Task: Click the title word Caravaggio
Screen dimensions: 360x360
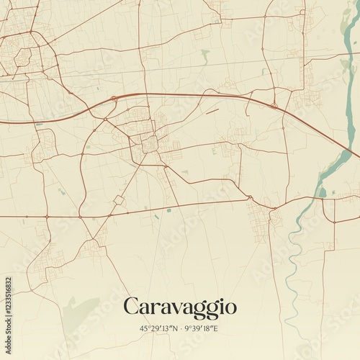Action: [x=179, y=307]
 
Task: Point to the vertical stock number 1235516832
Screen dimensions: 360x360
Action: [x=9, y=300]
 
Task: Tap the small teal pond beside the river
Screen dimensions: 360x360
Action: [x=322, y=192]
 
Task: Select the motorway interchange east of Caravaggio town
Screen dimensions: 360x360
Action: [x=274, y=107]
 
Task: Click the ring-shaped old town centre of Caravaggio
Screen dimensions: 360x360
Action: [x=149, y=144]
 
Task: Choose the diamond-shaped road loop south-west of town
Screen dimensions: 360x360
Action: [x=119, y=199]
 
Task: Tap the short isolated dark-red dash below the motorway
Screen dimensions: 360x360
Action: [x=212, y=112]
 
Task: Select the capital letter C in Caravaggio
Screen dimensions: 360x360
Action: [x=132, y=307]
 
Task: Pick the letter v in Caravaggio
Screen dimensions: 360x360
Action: [x=173, y=309]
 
